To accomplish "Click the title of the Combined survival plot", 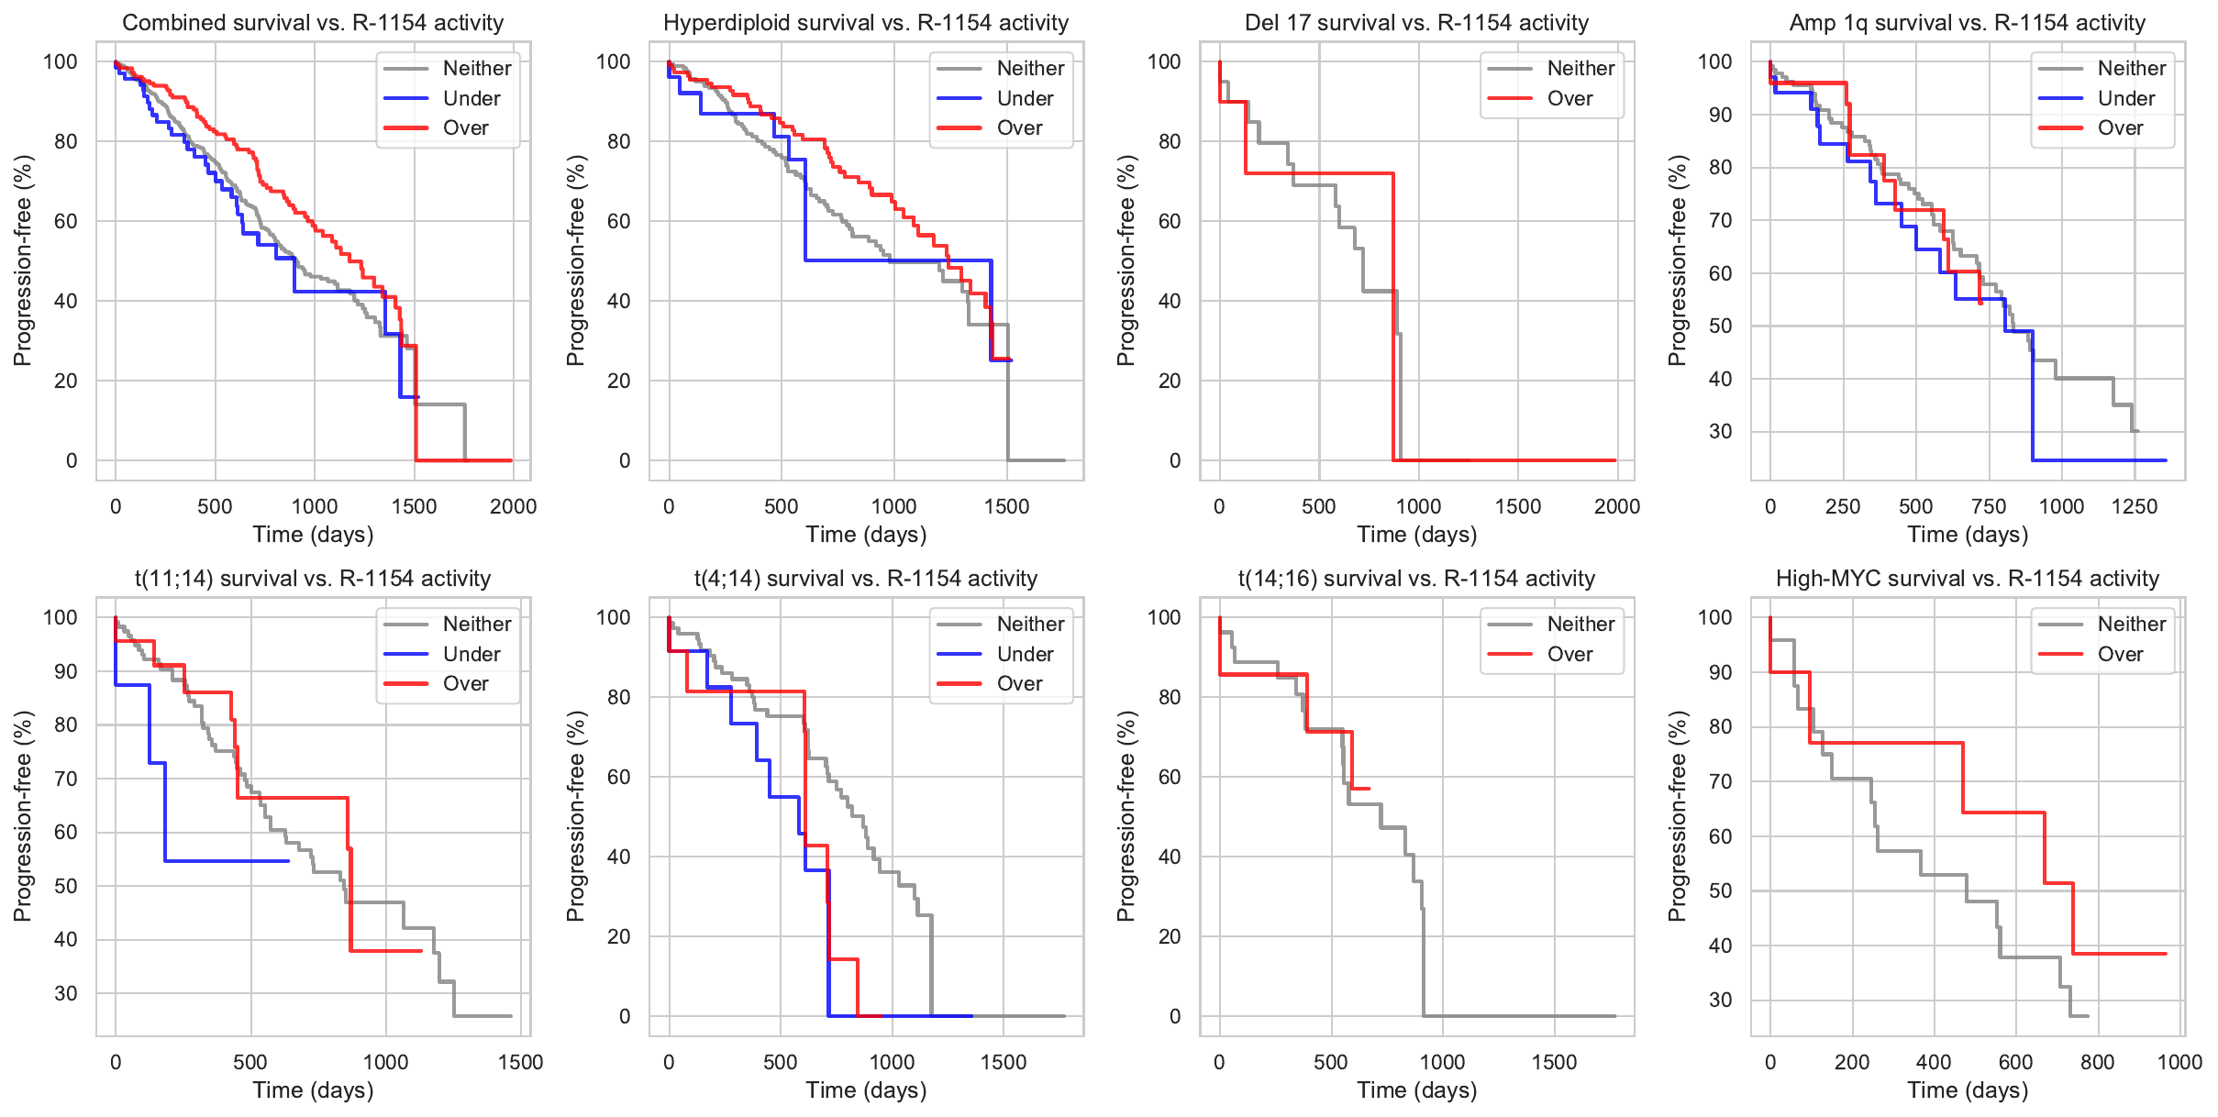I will click(x=313, y=23).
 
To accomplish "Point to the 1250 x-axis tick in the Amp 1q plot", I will click(x=2134, y=506).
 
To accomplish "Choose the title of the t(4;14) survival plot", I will click(x=866, y=579).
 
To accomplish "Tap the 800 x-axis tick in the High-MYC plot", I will click(x=2098, y=1062).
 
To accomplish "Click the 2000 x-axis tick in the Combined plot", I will click(x=513, y=506).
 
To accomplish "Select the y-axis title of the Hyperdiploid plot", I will click(x=575, y=260).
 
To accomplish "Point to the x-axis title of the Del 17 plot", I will click(x=1416, y=535).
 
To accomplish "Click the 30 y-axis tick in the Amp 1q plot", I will click(x=1721, y=431).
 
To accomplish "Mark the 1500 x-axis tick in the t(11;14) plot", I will click(x=520, y=1062).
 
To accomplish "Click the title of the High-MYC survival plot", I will click(x=1968, y=579).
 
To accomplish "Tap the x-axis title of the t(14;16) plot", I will click(x=1416, y=1090).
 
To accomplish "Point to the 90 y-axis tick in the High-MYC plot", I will click(x=1721, y=672).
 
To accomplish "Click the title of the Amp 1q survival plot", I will click(x=1968, y=23).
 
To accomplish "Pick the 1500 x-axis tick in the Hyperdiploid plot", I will click(x=1006, y=506).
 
